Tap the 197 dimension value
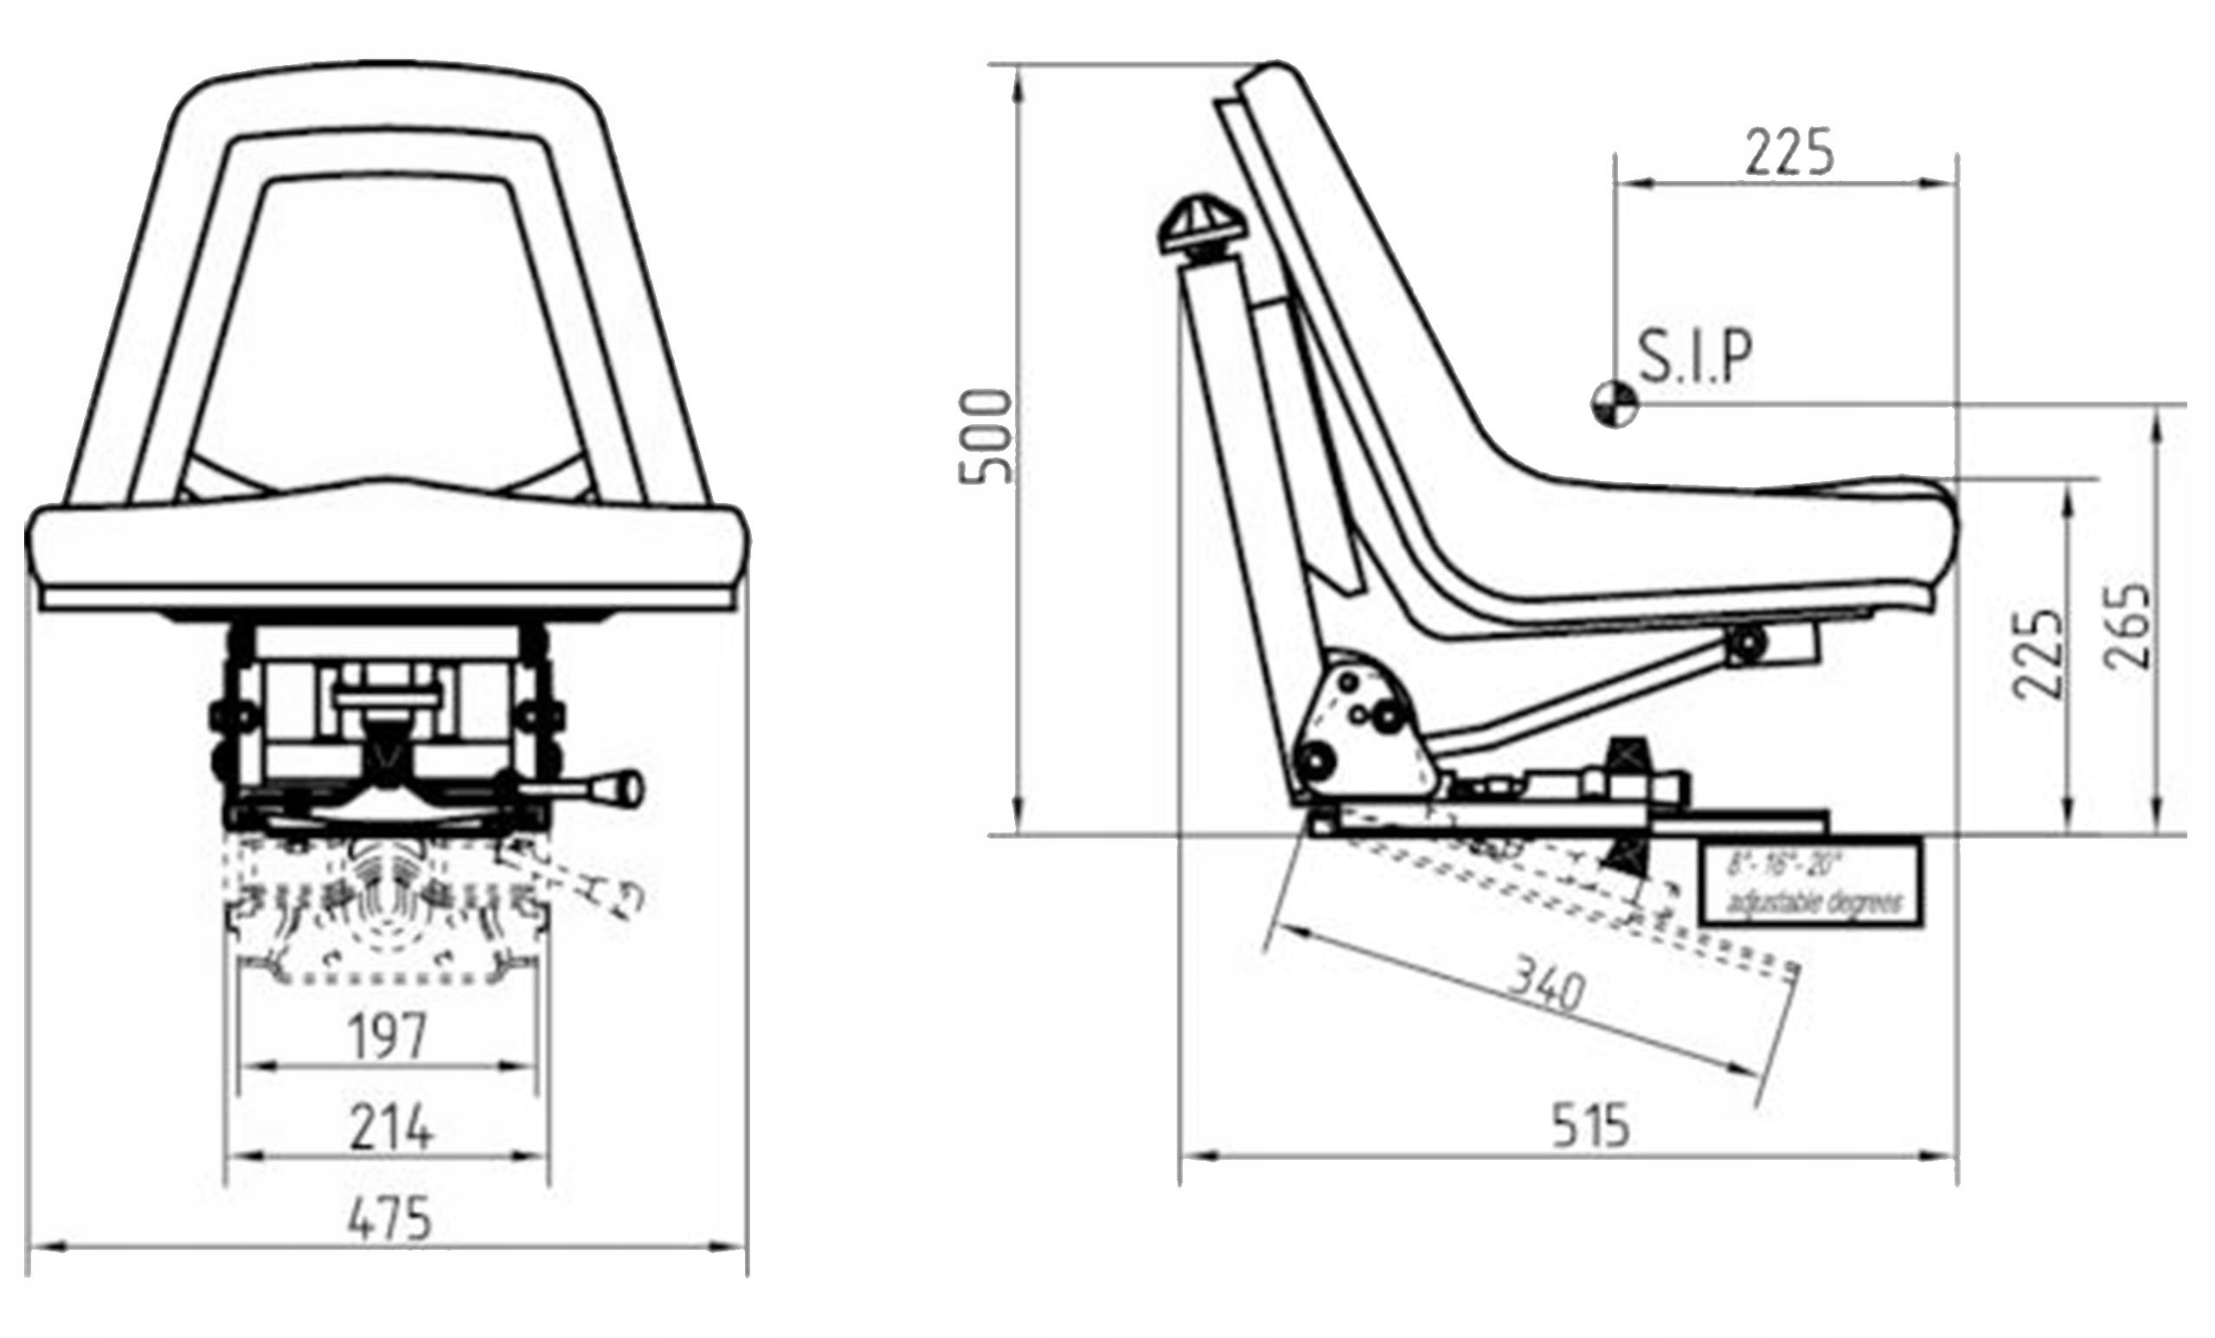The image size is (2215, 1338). (388, 1036)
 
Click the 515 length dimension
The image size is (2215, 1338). (1590, 1126)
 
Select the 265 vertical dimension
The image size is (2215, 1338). (2128, 627)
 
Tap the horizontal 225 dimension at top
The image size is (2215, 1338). (1789, 153)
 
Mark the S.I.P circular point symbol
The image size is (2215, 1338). (1614, 405)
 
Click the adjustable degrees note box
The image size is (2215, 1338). (1812, 884)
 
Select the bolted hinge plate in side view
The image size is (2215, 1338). (1363, 729)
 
